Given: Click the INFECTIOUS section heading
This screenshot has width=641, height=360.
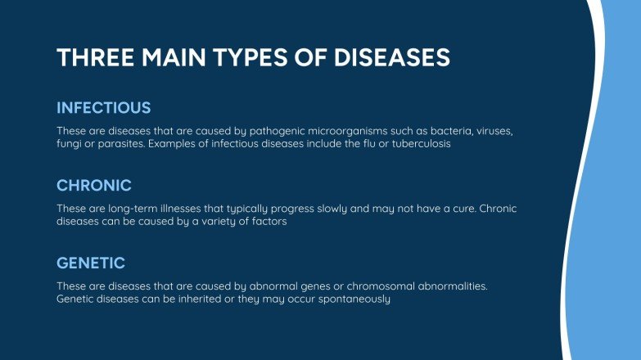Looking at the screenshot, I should click(x=104, y=107).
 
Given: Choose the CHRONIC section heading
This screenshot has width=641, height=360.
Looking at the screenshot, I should click(x=94, y=185).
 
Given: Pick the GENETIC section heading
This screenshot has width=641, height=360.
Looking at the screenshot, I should click(x=91, y=263).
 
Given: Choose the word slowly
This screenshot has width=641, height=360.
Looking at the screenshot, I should click(x=351, y=209).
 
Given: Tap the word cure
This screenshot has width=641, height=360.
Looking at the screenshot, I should click(x=467, y=209).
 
